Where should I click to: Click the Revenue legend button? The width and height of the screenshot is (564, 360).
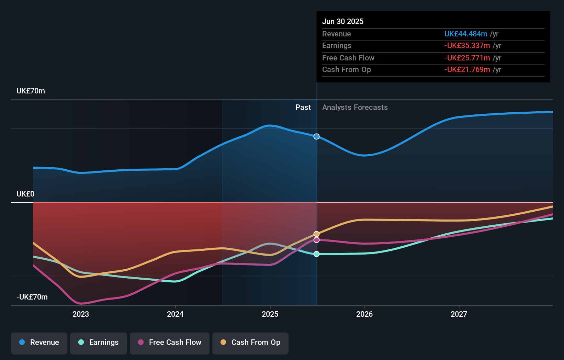[39, 342]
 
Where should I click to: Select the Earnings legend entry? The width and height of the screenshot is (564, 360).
[99, 342]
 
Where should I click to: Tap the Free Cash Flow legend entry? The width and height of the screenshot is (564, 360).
[170, 342]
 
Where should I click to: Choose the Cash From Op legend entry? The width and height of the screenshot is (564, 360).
[250, 342]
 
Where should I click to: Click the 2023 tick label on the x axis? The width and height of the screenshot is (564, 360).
[81, 314]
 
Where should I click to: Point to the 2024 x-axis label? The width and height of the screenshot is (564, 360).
[175, 314]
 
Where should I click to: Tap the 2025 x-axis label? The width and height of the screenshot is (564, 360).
[270, 314]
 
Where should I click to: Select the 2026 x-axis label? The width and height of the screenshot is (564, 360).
[364, 314]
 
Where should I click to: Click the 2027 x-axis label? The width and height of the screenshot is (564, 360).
[459, 314]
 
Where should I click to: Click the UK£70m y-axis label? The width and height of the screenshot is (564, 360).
[31, 91]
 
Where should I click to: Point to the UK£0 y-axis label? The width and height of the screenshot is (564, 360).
[25, 194]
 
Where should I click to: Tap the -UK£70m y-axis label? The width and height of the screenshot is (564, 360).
[32, 297]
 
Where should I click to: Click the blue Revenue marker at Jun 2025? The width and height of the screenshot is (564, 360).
[317, 136]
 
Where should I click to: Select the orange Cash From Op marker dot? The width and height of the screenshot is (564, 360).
[317, 234]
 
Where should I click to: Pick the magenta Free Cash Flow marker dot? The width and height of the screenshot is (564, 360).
[317, 240]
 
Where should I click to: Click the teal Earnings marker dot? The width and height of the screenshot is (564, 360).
[317, 254]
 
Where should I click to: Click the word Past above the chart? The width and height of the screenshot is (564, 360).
[303, 108]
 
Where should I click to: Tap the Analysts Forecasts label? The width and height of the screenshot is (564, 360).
[355, 108]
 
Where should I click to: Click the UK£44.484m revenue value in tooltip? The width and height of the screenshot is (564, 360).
[465, 34]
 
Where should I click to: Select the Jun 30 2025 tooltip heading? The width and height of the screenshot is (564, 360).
[343, 21]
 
